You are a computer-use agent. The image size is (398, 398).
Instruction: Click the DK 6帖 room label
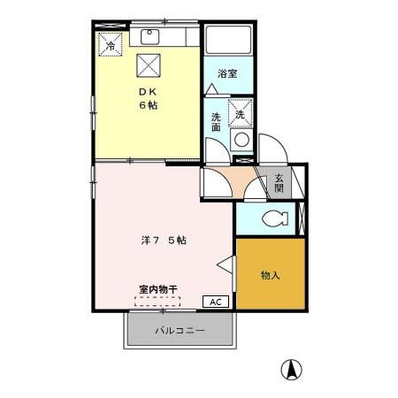tap(147, 98)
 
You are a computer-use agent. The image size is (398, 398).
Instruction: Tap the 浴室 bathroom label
tap(227, 74)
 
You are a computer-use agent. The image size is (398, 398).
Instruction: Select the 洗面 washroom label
tap(217, 122)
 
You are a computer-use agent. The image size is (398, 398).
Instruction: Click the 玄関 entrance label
tap(279, 183)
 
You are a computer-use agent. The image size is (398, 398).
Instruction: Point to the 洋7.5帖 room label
tap(163, 240)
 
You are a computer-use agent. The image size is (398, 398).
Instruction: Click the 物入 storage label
tap(270, 275)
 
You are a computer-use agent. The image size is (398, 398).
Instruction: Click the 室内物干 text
tap(157, 288)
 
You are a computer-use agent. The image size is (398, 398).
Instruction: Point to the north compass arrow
tap(288, 368)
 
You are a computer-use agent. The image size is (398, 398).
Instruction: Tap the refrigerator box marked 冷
tap(111, 42)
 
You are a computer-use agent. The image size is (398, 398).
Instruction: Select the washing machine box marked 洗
tap(241, 112)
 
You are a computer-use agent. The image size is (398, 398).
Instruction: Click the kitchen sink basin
tap(148, 37)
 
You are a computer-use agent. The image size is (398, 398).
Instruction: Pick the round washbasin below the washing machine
tap(241, 139)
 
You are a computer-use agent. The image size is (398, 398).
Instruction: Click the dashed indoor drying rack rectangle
tap(157, 300)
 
